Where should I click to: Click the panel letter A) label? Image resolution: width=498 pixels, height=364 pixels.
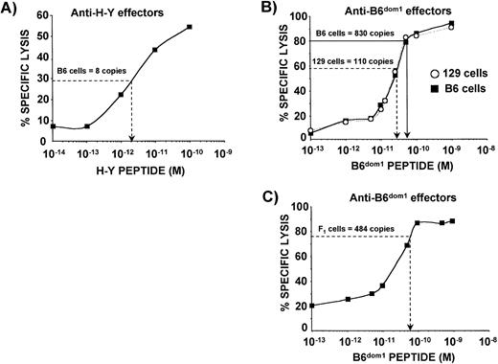click(12, 9)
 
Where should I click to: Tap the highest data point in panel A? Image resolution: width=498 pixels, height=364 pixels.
click(190, 27)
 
